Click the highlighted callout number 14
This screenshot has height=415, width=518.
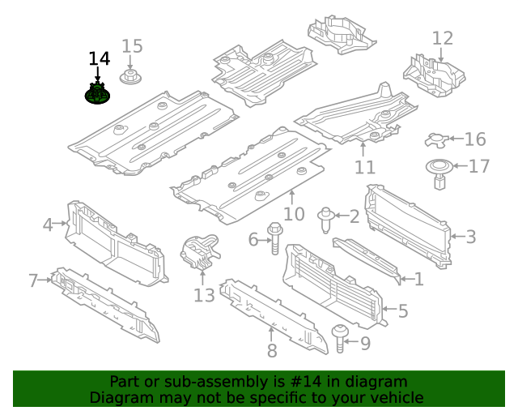pos(99,59)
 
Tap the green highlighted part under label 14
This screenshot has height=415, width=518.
pos(98,95)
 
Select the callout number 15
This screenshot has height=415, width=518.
pos(132,46)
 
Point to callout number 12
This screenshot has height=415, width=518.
pos(443,38)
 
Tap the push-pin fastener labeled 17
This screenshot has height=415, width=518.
pos(439,173)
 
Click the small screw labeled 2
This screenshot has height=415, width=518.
pos(327,217)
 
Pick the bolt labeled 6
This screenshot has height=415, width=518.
pos(274,238)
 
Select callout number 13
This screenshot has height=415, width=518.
pos(204,295)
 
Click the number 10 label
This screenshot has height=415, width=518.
pos(294,214)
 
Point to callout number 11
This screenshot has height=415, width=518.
pos(365,167)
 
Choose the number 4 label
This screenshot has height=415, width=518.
pos(48,225)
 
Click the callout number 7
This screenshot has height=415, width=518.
pos(33,280)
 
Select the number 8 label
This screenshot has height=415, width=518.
pos(272,350)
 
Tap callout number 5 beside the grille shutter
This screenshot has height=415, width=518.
pos(402,310)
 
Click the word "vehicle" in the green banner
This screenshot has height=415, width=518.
pos(395,398)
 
